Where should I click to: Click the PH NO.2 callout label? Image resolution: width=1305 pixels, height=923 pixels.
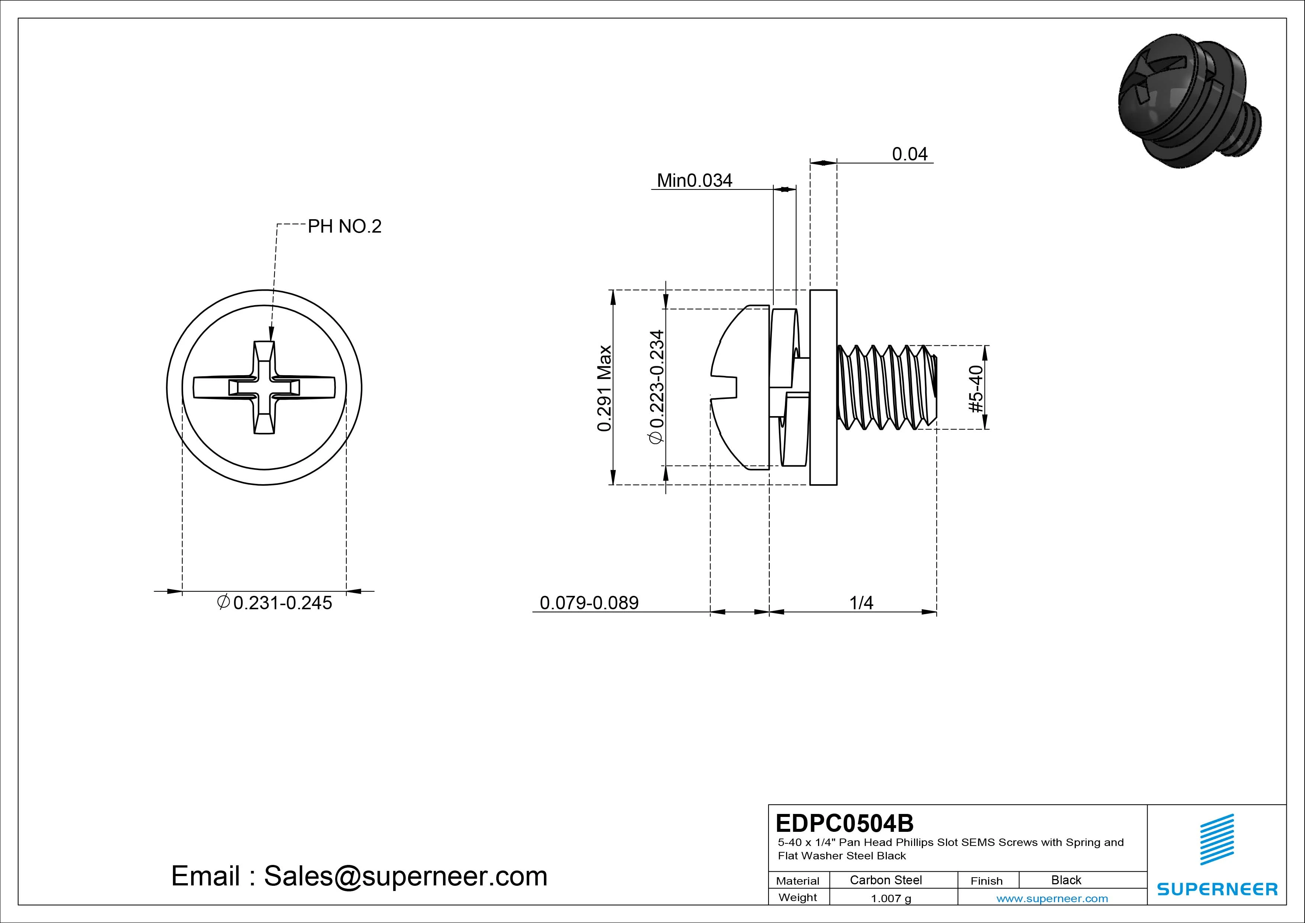(x=344, y=227)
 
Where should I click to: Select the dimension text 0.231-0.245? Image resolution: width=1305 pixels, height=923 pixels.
(x=282, y=603)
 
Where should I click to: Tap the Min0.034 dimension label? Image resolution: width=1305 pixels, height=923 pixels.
(x=695, y=181)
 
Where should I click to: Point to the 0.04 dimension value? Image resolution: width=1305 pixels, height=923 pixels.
(x=910, y=154)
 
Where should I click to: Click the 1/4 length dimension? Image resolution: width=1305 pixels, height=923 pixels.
(x=861, y=603)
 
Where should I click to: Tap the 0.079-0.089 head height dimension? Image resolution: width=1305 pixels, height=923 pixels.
(x=589, y=603)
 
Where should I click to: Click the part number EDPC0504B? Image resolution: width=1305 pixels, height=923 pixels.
(x=844, y=823)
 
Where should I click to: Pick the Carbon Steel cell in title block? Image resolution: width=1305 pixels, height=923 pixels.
(x=885, y=880)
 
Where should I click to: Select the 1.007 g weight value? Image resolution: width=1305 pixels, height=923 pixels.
(x=891, y=898)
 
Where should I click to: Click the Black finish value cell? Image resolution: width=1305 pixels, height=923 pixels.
(x=1066, y=880)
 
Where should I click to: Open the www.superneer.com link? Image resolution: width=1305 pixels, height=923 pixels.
(x=1052, y=898)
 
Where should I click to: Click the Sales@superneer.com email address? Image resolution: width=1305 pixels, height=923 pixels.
(x=405, y=876)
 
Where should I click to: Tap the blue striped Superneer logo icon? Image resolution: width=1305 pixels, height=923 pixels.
(x=1216, y=839)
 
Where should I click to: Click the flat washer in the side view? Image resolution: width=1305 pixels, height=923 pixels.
(x=823, y=387)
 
